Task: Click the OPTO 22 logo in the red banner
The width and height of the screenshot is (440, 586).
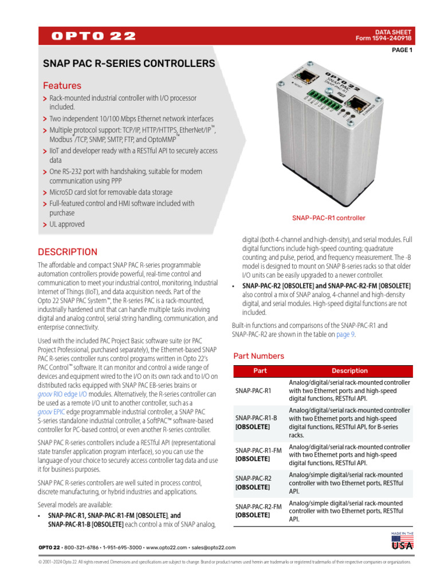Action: pos(94,36)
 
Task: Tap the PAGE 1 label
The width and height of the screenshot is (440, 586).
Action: pos(401,50)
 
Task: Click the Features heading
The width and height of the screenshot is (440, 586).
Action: pos(63,86)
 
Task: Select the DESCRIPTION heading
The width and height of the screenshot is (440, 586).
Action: pos(68,252)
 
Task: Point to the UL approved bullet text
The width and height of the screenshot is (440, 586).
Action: pos(66,224)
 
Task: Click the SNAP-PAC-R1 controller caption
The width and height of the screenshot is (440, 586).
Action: pos(328,218)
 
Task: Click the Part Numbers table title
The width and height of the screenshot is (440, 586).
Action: pos(258,356)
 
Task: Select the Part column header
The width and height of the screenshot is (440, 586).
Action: pos(260,371)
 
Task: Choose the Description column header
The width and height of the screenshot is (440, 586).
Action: pos(349,371)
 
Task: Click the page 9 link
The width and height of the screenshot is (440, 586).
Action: pos(344,335)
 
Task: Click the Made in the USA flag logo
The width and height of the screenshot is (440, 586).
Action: pos(402,542)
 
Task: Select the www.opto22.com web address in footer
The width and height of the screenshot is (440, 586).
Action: pos(170,548)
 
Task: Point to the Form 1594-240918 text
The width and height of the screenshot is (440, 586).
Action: pos(383,38)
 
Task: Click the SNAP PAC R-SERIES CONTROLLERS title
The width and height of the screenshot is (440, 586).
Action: pos(129,64)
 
